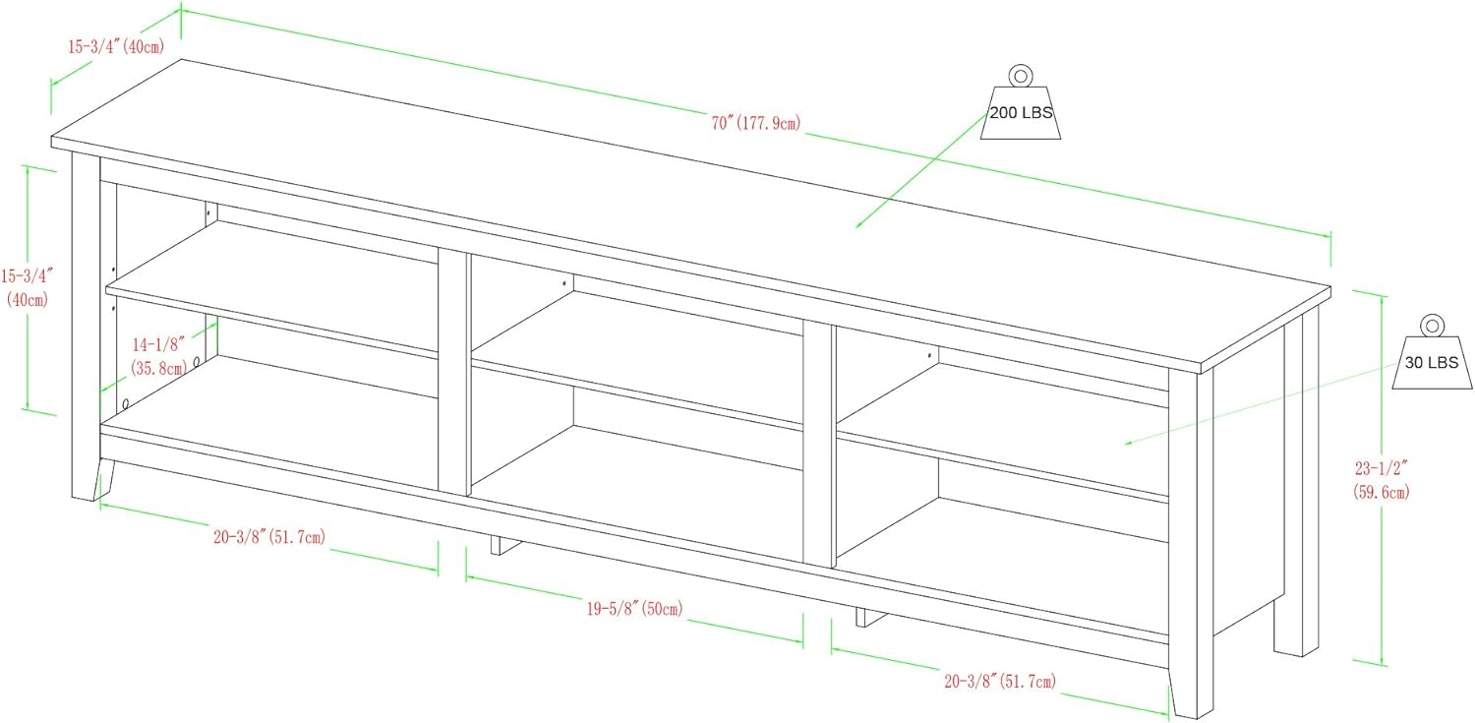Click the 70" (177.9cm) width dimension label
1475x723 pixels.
754,123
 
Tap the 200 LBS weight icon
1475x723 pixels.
1021,113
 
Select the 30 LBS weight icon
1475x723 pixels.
1431,362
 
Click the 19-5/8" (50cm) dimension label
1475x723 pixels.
634,610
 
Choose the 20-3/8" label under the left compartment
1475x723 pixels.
267,536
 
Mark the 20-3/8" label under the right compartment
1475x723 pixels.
1000,680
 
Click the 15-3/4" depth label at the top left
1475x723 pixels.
115,46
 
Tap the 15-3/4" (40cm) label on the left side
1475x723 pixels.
27,285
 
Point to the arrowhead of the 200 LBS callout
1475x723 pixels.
858,226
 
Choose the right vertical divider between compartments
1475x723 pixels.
818,443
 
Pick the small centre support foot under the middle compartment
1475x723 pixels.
503,544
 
